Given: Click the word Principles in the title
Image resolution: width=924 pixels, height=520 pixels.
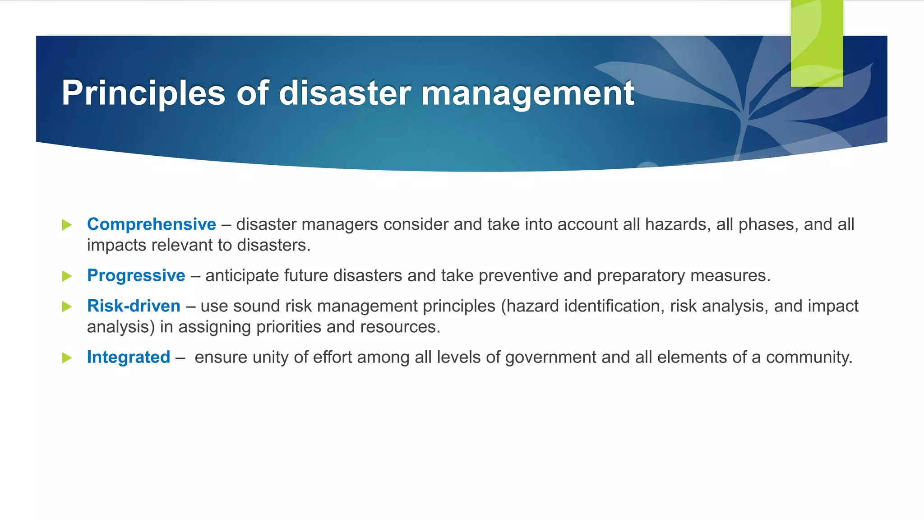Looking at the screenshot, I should pos(143,93).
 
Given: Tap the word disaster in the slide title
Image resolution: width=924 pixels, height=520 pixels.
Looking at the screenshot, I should pos(345,93).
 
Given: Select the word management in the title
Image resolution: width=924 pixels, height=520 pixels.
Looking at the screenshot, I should pos(527,93).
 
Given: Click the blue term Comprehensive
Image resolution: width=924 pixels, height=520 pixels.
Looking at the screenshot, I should pos(152,224).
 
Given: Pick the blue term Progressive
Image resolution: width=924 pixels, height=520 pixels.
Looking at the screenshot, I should pos(136,275).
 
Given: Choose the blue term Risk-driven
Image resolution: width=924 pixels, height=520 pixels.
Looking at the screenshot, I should pos(134,306).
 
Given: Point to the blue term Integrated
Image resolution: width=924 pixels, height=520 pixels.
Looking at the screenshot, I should pos(129,357).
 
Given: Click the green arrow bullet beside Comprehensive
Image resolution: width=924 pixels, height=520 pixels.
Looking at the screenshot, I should pos(67,225).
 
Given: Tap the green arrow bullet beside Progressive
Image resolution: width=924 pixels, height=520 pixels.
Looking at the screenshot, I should pos(67,276).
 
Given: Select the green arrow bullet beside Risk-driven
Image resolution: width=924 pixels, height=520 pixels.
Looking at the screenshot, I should pos(67,306).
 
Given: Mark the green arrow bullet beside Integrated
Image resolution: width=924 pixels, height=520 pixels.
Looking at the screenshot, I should pos(67,358).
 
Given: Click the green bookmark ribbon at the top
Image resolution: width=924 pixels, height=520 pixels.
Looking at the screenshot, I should pos(817,43).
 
